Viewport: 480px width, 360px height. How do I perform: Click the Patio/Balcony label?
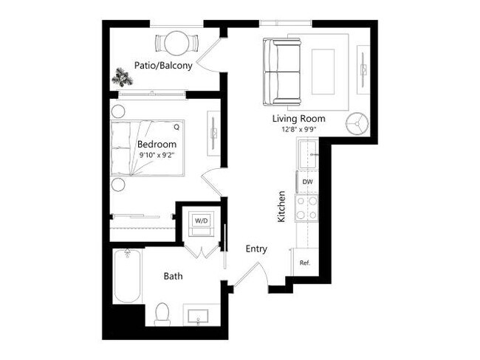coord(163,66)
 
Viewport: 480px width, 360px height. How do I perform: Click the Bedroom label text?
coord(157,144)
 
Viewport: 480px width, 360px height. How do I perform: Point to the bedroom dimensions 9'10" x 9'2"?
coord(157,156)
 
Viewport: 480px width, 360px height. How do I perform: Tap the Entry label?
coord(256,249)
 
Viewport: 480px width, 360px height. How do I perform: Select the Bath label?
coord(173,277)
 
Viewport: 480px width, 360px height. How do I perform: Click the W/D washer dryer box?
coord(201,221)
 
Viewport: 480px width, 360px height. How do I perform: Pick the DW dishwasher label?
coord(306,181)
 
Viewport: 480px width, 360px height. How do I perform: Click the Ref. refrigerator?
coord(304,263)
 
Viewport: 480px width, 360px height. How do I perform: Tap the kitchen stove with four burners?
coord(306,207)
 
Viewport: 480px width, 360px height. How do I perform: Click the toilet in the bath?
coord(162,313)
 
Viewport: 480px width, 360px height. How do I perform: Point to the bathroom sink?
coord(199,316)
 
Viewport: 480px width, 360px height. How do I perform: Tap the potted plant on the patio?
coord(121,75)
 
